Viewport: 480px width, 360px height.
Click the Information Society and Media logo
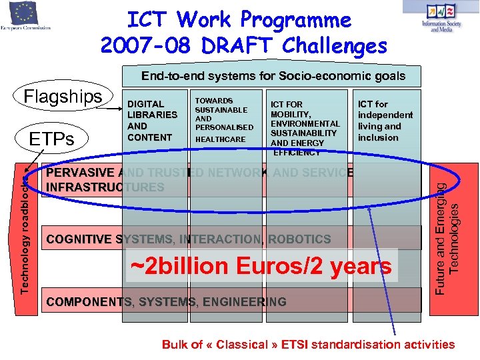coord(441,17)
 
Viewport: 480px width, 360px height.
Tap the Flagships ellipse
coord(63,97)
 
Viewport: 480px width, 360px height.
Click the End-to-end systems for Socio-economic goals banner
coord(273,75)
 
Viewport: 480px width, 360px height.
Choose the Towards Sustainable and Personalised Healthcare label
coord(224,120)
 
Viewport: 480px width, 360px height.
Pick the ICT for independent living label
coord(385,121)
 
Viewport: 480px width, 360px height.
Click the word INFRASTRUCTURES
coord(105,187)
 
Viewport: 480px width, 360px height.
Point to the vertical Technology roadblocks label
coord(25,231)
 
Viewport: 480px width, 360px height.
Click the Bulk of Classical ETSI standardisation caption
coord(308,345)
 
